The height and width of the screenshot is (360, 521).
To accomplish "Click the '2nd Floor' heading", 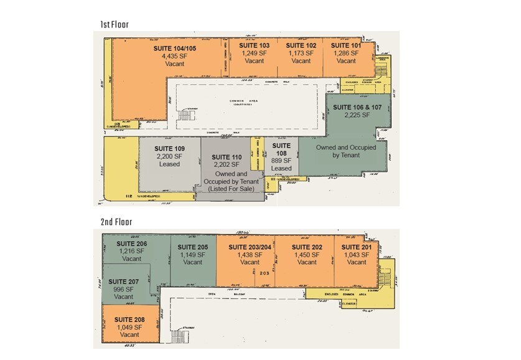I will pos(116,221).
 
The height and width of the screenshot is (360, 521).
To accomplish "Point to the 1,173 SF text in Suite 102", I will pos(301,54).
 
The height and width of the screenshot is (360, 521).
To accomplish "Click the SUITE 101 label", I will pos(346,45).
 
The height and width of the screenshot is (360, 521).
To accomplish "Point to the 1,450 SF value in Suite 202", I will pos(307,254).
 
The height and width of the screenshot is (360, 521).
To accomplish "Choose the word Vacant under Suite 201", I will pos(357,262).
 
